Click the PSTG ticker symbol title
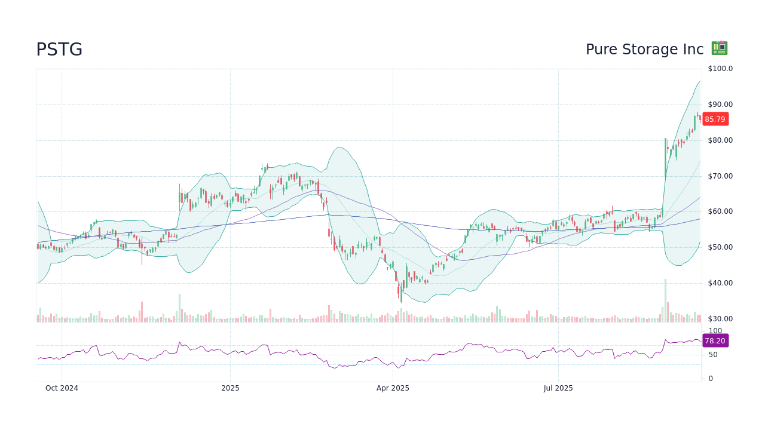click(59, 50)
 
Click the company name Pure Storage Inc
click(644, 50)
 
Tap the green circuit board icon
click(719, 48)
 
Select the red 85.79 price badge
click(715, 119)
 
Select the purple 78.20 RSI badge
click(715, 340)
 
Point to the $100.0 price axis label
click(720, 69)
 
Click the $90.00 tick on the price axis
click(720, 105)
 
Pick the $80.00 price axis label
click(720, 140)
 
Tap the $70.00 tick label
click(720, 176)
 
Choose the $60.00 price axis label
click(720, 211)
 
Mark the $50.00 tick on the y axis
click(720, 247)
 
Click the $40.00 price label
click(720, 283)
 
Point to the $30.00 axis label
click(720, 319)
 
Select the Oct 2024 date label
click(62, 388)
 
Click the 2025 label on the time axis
click(230, 388)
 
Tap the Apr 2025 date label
click(393, 388)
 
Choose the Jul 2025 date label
click(558, 388)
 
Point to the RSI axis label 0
click(711, 379)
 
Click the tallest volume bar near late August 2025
click(665, 300)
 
